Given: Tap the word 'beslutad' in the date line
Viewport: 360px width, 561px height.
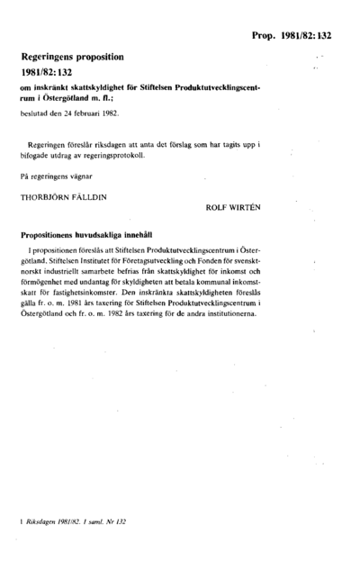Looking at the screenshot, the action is click(34, 114).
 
